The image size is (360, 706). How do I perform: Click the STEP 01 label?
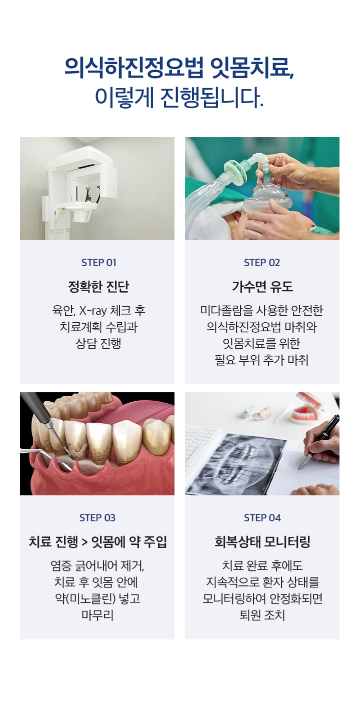(98, 263)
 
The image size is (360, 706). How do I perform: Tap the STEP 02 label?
(262, 263)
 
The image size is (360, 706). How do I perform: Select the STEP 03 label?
(97, 518)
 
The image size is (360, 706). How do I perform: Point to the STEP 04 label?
(262, 518)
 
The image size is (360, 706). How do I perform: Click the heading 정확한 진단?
(98, 287)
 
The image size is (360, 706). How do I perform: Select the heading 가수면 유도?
(262, 287)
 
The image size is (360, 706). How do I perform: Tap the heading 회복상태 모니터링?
(262, 542)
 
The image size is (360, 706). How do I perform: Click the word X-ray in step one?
(92, 311)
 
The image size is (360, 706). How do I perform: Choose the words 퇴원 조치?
(262, 615)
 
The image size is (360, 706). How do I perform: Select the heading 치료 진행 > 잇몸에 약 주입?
(98, 542)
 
